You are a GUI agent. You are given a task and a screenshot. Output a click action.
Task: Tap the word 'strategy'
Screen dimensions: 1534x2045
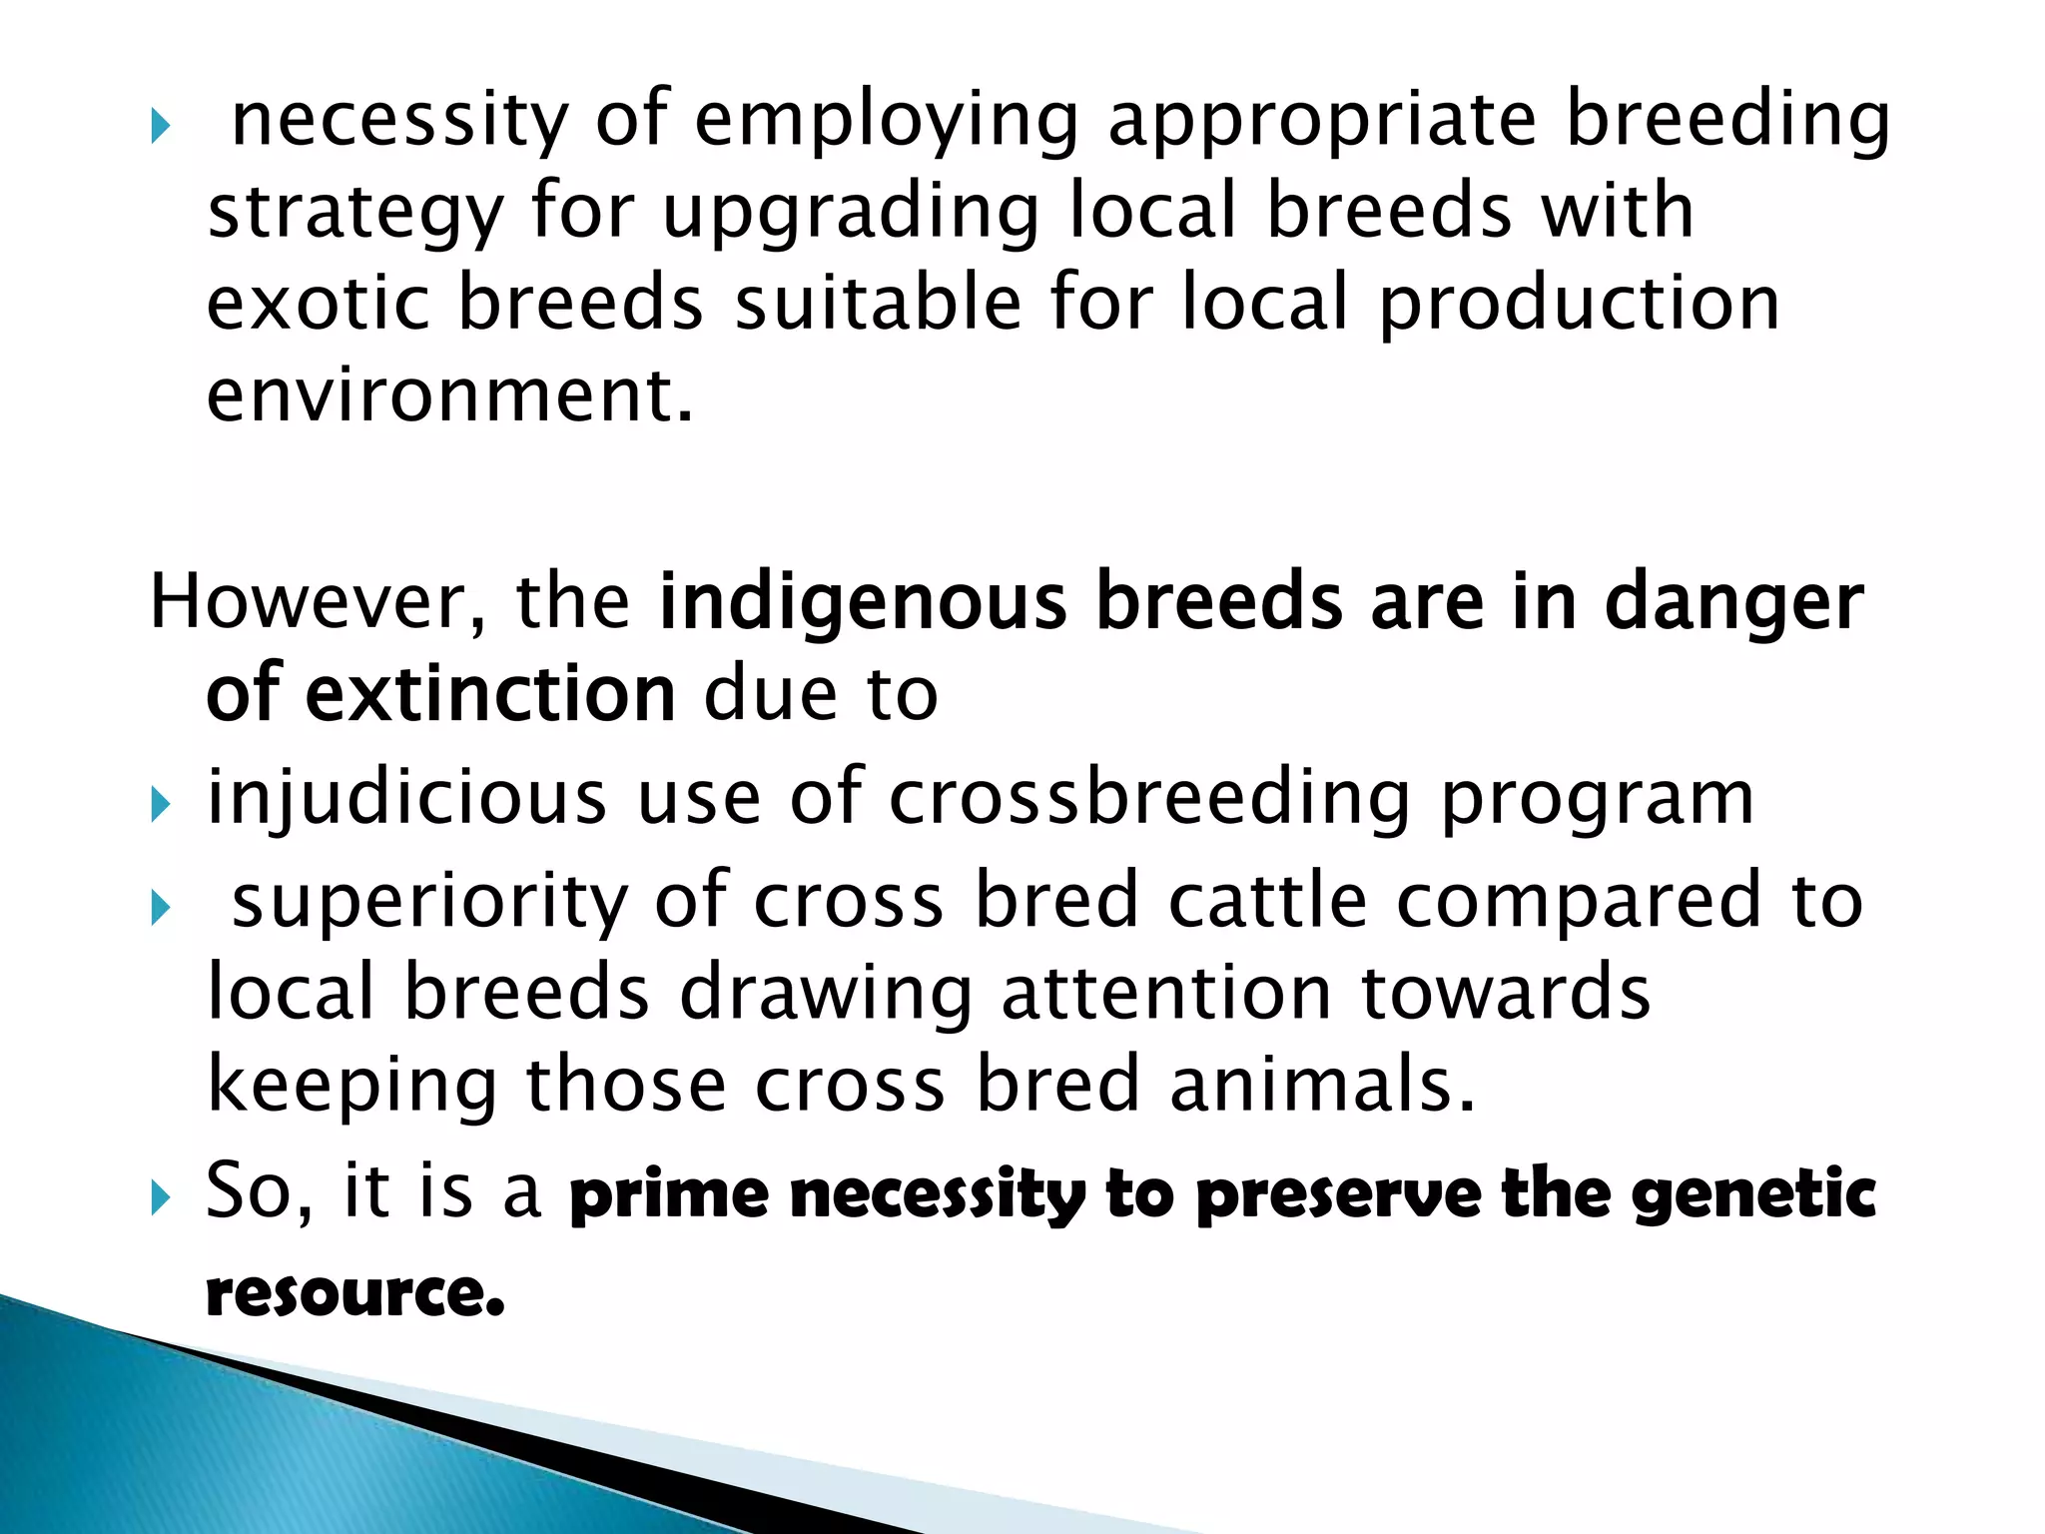tap(354, 214)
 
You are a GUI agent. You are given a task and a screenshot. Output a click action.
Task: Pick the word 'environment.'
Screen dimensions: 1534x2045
tap(449, 395)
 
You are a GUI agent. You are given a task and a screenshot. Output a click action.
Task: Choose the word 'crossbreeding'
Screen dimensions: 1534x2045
tap(1149, 798)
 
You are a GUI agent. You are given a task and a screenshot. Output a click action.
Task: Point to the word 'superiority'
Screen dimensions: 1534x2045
tap(429, 902)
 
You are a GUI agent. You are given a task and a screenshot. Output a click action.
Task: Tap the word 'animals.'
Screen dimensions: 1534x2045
tap(1322, 1086)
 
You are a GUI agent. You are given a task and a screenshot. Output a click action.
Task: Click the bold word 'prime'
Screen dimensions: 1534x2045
tap(668, 1195)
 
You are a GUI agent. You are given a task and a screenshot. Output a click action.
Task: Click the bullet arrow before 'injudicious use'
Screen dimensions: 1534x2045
tap(161, 803)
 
